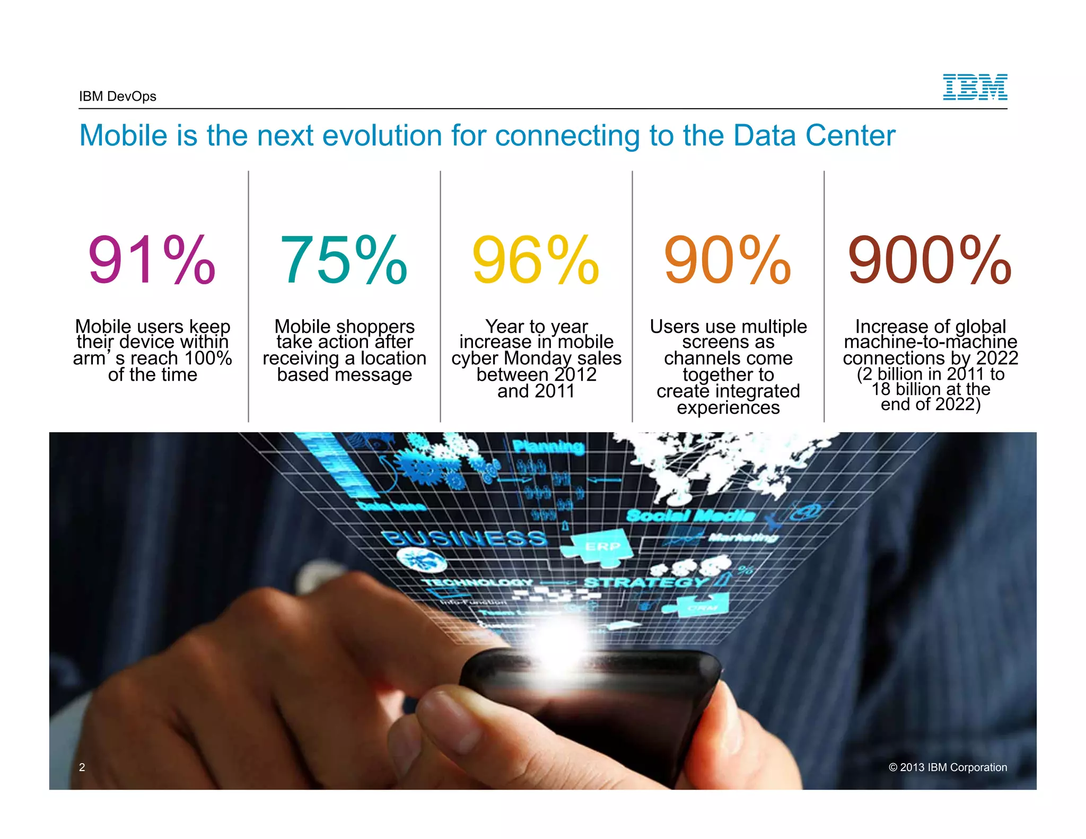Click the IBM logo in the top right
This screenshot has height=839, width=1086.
click(x=975, y=87)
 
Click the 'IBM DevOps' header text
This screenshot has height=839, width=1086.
click(x=118, y=97)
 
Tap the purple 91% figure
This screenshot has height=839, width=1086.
click(x=152, y=260)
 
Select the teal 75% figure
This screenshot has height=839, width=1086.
click(x=344, y=260)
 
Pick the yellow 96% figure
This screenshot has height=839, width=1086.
click(x=536, y=260)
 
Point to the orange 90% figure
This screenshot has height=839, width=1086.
click(x=728, y=260)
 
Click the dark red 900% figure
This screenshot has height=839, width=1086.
click(x=930, y=260)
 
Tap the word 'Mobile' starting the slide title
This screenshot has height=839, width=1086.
click(x=124, y=136)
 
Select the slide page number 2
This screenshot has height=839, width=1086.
click(x=82, y=767)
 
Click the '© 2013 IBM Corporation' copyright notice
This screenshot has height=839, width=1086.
click(x=948, y=767)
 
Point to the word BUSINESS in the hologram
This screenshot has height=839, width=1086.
click(x=465, y=538)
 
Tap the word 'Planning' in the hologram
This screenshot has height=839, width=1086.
click(x=548, y=447)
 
